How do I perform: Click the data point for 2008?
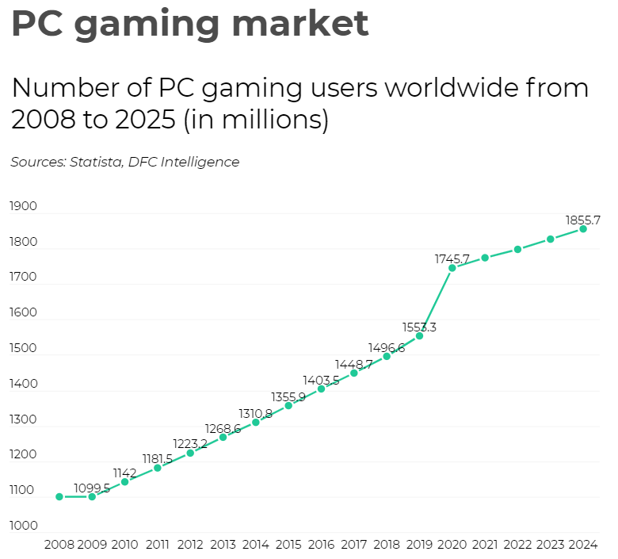coord(59,496)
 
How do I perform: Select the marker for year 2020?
coord(452,268)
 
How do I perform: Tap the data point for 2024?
coord(583,229)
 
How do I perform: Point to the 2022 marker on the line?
coord(517,249)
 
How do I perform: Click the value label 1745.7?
coord(452,258)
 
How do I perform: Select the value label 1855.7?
coord(583,220)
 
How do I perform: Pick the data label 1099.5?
coord(92,488)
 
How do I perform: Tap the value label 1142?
coord(124,473)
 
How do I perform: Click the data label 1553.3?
coord(419,327)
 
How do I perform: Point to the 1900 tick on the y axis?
coord(23,206)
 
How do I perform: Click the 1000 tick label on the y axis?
coord(23,526)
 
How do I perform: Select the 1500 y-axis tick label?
coord(23,348)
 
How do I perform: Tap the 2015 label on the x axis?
coord(288,545)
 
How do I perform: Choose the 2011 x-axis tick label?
coord(157,545)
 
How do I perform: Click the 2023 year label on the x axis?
coord(550,545)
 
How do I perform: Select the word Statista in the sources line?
coord(96,162)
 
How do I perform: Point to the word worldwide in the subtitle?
coord(452,87)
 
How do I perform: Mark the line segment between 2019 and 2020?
coord(436,302)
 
